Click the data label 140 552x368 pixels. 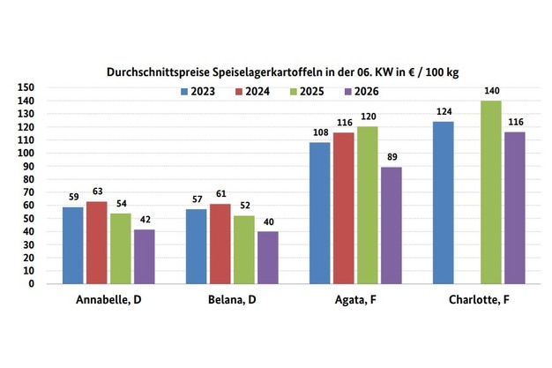(491, 91)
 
